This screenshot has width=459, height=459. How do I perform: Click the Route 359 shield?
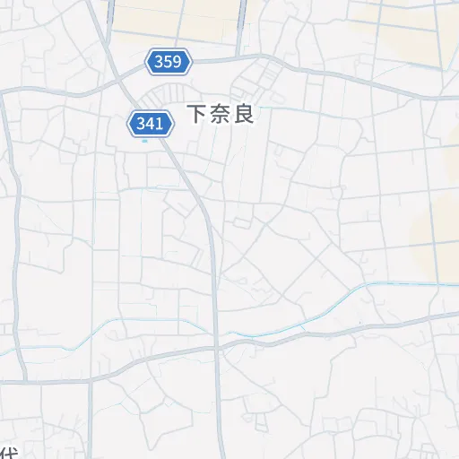pyautogui.click(x=169, y=62)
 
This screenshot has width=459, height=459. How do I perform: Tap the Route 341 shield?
pyautogui.click(x=150, y=123)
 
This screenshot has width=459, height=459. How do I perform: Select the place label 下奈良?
pyautogui.click(x=221, y=115)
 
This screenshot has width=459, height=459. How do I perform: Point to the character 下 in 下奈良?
pyautogui.click(x=197, y=115)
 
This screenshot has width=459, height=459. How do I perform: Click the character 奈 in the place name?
pyautogui.click(x=221, y=115)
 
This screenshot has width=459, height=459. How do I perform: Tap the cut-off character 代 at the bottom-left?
pyautogui.click(x=7, y=452)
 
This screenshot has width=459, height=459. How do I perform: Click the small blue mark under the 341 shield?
pyautogui.click(x=144, y=139)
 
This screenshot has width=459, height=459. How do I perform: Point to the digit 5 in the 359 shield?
pyautogui.click(x=169, y=62)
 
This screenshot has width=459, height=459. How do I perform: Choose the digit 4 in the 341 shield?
pyautogui.click(x=150, y=123)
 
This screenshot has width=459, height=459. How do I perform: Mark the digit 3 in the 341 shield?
pyautogui.click(x=140, y=123)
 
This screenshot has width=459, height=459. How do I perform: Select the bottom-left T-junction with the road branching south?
pyautogui.click(x=90, y=381)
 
